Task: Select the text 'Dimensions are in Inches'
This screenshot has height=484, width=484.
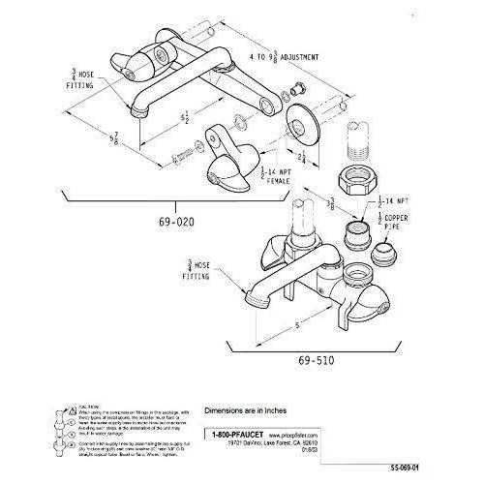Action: point(249,409)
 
